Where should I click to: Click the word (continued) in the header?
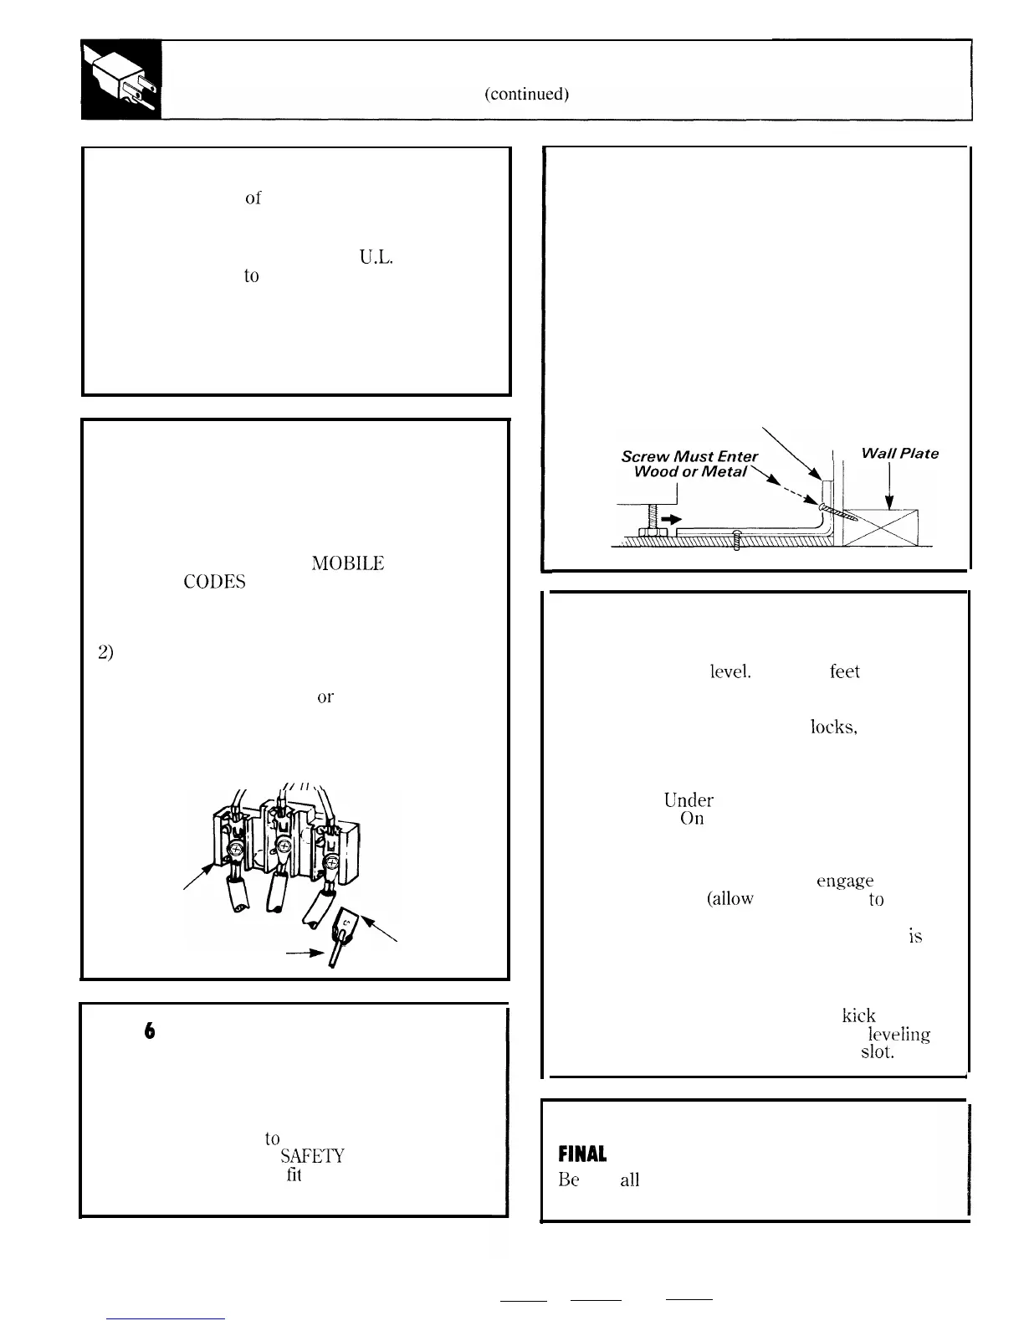point(527,94)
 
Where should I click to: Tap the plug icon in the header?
point(122,80)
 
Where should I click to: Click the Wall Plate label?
point(899,454)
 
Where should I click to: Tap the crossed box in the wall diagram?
point(880,527)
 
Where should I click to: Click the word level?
point(730,671)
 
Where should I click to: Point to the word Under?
point(689,800)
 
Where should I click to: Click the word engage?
point(844,881)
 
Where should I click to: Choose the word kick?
point(858,1015)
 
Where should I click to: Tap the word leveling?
point(899,1035)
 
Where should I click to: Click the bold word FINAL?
point(582,1154)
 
